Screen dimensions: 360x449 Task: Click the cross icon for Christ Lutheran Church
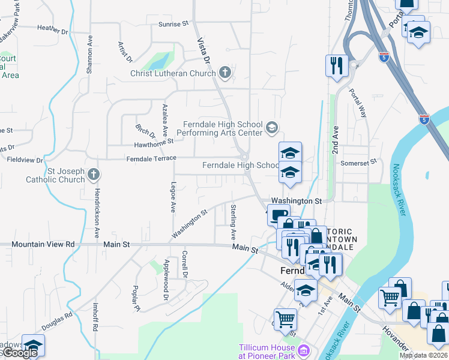(x=225, y=73)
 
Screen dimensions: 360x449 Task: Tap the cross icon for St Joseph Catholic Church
(x=92, y=174)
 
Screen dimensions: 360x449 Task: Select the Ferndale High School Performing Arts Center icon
(x=271, y=127)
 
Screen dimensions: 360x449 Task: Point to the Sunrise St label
(x=173, y=24)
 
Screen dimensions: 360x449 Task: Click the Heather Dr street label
(x=53, y=28)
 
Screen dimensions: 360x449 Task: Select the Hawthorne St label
(x=154, y=142)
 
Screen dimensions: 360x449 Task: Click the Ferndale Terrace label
(x=151, y=158)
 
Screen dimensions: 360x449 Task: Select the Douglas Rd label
(x=57, y=322)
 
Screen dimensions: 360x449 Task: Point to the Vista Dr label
(x=204, y=51)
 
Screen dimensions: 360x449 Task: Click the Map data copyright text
(x=423, y=355)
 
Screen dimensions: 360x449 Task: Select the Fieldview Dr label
(x=25, y=160)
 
